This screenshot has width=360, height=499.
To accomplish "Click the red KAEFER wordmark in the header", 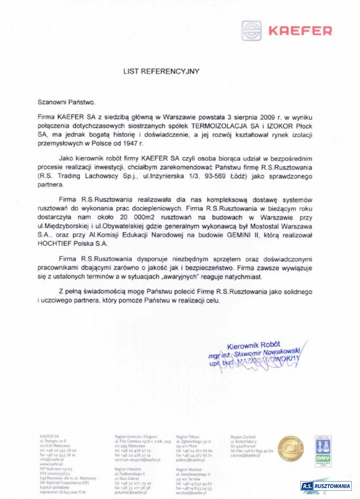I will point(300,30).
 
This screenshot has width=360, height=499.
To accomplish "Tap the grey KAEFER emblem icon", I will point(253,31).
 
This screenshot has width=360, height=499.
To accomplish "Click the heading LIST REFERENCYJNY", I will point(161,71).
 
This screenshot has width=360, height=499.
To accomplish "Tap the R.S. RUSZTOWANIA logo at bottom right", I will point(326,486).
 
